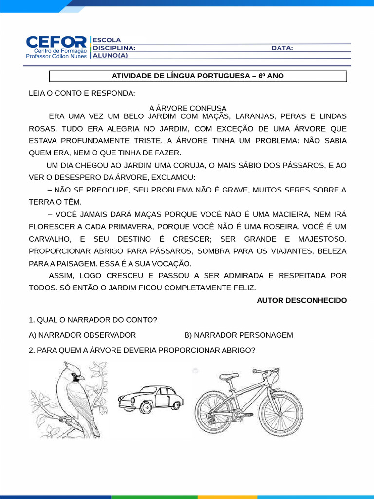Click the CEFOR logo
(56, 47)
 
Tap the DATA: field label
(282, 48)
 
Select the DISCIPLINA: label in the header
(114, 48)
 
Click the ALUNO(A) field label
(110, 55)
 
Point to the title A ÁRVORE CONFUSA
(187, 108)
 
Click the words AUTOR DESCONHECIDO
(301, 300)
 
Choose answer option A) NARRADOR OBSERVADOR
(82, 335)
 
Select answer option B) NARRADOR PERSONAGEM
(239, 335)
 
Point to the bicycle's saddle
(229, 376)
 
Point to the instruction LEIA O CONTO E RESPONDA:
(82, 93)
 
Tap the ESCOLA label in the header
(107, 40)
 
